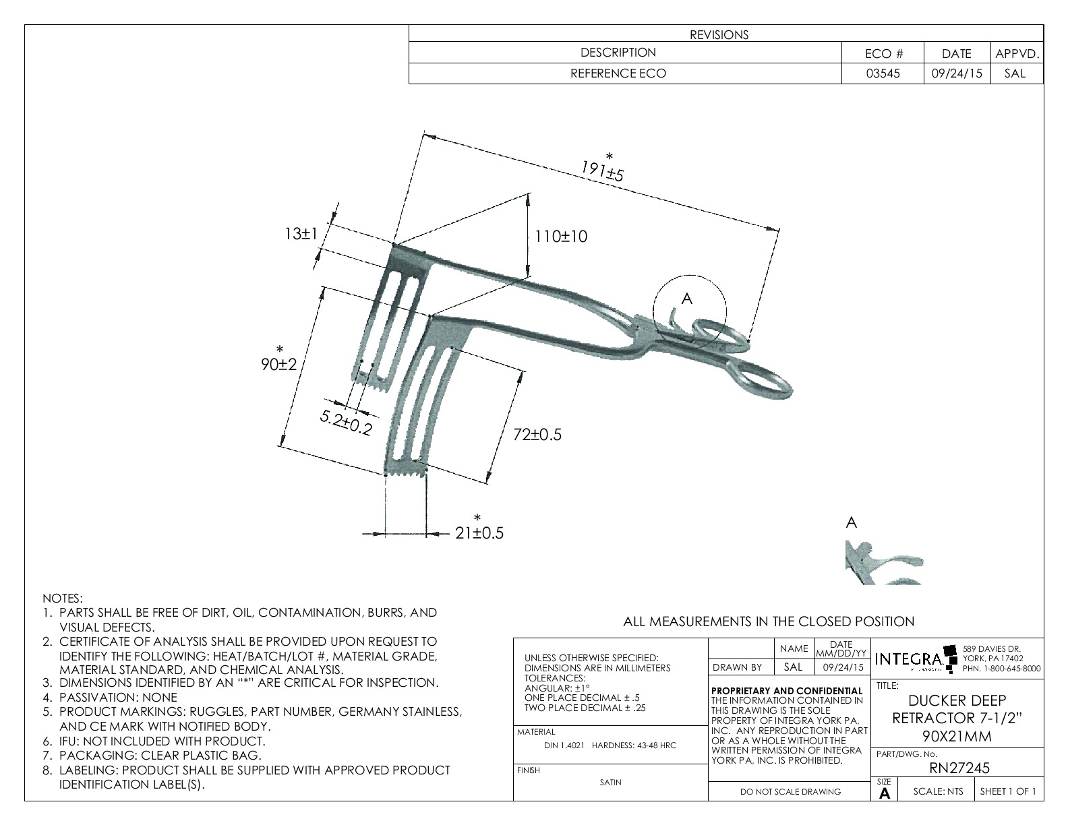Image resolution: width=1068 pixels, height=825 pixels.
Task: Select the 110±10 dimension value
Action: (561, 237)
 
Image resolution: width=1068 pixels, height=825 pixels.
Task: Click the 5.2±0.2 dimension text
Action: (346, 423)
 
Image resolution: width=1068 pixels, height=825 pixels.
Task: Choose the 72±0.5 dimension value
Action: (537, 435)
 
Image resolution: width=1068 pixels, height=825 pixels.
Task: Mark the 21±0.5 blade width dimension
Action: (479, 533)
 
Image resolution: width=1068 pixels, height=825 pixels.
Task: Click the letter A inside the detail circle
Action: (686, 299)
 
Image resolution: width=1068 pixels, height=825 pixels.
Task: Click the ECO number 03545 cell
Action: (883, 73)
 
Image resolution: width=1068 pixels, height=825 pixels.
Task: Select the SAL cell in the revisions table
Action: (1015, 73)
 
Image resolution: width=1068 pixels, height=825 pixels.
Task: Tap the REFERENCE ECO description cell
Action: (618, 73)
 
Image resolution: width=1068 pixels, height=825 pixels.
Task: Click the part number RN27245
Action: (958, 768)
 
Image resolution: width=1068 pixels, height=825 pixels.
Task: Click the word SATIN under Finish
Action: (610, 783)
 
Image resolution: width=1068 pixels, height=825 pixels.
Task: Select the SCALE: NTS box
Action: (938, 791)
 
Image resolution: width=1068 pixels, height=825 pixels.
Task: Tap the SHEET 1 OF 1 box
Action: (1008, 791)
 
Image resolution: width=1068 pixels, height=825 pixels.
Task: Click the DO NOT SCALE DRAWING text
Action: (790, 792)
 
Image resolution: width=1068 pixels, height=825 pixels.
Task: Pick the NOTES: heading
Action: (63, 599)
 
